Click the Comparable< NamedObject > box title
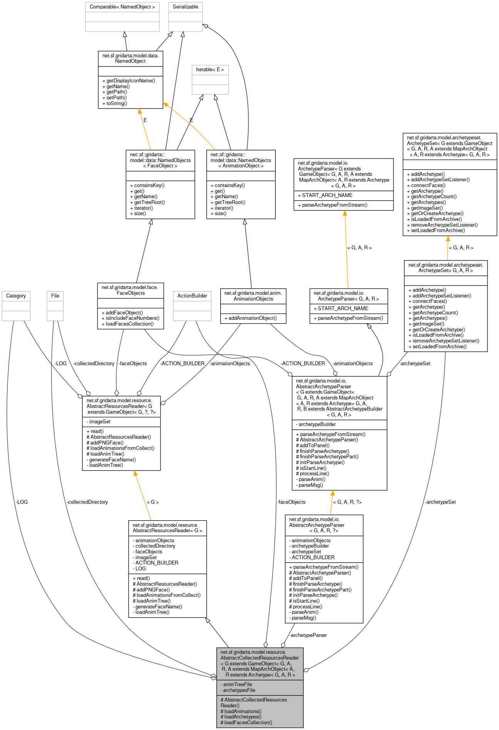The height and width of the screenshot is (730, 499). [x=122, y=7]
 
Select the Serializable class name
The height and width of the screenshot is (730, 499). [x=185, y=7]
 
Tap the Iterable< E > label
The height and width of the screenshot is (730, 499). [x=210, y=70]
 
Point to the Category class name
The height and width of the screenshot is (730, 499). [x=16, y=296]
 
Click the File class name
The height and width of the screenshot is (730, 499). [x=55, y=296]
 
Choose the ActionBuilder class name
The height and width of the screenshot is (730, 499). [x=192, y=296]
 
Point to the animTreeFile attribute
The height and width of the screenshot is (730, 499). [x=238, y=685]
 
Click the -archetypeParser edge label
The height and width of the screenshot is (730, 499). [x=308, y=635]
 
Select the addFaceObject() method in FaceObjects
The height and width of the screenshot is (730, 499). [x=124, y=313]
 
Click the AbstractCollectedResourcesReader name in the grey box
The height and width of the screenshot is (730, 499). [x=260, y=658]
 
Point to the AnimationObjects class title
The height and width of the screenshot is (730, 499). [x=253, y=296]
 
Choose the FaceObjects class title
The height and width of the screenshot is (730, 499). [x=131, y=290]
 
